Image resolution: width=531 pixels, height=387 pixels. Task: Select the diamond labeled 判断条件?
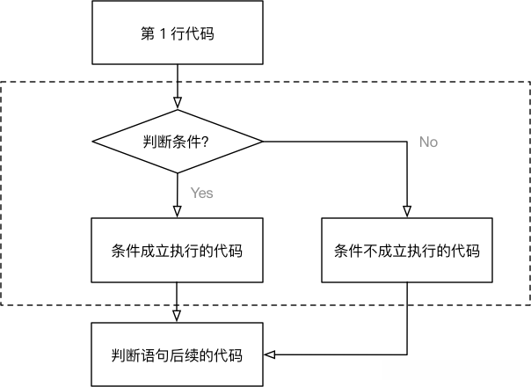pyautogui.click(x=178, y=141)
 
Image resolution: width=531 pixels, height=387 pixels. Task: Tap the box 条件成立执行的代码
pyautogui.click(x=178, y=250)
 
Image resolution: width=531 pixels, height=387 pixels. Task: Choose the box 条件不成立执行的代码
pyautogui.click(x=407, y=250)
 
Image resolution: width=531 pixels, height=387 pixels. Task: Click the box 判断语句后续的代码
pyautogui.click(x=178, y=355)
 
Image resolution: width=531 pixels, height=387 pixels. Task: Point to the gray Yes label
pyautogui.click(x=201, y=193)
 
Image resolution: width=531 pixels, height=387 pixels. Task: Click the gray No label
pyautogui.click(x=428, y=142)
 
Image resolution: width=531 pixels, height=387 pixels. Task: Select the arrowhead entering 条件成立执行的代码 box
pyautogui.click(x=178, y=211)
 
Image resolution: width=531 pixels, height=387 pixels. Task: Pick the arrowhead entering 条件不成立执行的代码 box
pyautogui.click(x=407, y=211)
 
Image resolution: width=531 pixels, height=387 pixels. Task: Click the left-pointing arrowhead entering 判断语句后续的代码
pyautogui.click(x=271, y=355)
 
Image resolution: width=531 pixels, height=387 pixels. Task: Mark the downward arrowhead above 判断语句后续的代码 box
pyautogui.click(x=178, y=317)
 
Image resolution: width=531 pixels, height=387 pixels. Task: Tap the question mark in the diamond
pyautogui.click(x=205, y=141)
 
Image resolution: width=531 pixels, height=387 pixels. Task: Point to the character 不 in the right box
pyautogui.click(x=370, y=250)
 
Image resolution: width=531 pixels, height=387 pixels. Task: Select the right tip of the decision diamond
pyautogui.click(x=262, y=141)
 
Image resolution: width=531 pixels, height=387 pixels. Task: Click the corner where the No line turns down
pyautogui.click(x=407, y=141)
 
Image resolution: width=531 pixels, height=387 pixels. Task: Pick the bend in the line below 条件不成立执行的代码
pyautogui.click(x=407, y=355)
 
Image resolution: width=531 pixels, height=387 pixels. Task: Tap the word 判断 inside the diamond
pyautogui.click(x=156, y=141)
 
